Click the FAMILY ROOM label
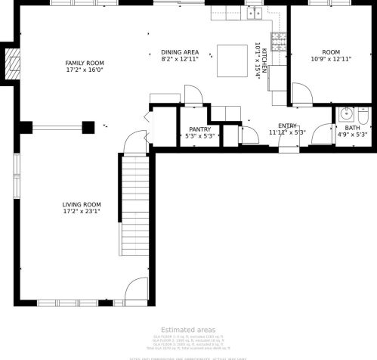coord(84,64)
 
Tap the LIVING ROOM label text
coord(82,204)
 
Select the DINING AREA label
coord(180,52)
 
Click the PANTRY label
coord(199,129)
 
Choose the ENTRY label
coord(287,126)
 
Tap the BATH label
coord(352,129)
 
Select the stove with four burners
coord(279,39)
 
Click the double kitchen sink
coord(254,12)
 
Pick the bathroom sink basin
coord(346,115)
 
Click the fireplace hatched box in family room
coord(11,65)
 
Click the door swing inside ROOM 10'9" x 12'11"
coord(302,94)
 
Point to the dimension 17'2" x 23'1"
coord(82,213)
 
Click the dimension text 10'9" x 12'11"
coord(331,59)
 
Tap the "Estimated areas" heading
coord(187,330)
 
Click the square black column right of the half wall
coord(88,128)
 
